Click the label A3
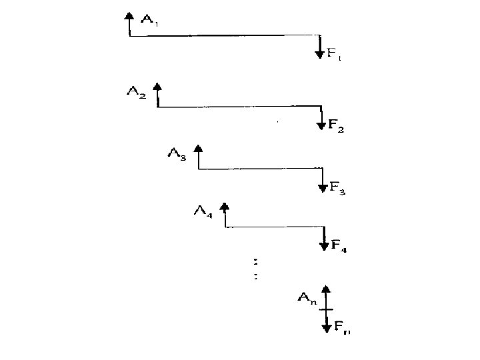point(177,154)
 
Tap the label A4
point(204,212)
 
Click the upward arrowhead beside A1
point(129,16)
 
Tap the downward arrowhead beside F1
point(321,53)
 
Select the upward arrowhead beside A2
point(157,87)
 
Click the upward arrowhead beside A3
point(197,149)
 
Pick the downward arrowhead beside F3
point(322,187)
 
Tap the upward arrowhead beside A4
point(225,207)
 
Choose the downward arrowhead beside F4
point(323,245)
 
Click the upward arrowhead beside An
point(325,289)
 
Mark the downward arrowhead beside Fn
point(326,327)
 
